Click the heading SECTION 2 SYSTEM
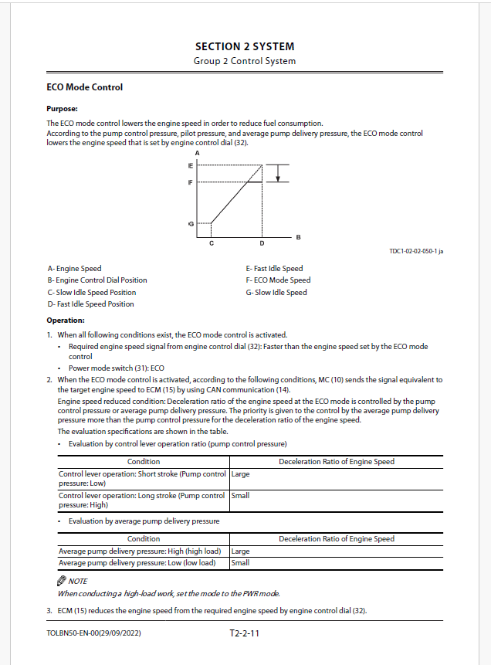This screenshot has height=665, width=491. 245,46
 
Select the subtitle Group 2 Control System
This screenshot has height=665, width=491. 245,61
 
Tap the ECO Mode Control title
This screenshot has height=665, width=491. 84,87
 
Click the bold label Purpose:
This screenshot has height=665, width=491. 62,109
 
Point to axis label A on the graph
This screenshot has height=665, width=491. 198,154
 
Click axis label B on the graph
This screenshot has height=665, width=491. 298,236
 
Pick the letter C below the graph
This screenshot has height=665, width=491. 212,243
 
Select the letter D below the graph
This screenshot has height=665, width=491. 262,243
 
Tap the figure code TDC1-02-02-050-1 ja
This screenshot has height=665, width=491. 416,251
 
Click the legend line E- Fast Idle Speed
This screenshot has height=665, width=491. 274,269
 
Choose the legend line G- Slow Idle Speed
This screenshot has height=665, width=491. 276,292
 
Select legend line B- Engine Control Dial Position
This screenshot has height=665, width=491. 97,280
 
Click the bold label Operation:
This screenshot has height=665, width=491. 66,320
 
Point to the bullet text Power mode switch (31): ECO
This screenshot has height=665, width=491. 117,368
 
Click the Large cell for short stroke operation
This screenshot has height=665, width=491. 241,474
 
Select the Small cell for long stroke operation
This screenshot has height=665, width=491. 240,496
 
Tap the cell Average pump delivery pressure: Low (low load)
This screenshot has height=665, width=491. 137,563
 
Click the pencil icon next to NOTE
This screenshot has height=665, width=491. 62,580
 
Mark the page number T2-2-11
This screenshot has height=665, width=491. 244,633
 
